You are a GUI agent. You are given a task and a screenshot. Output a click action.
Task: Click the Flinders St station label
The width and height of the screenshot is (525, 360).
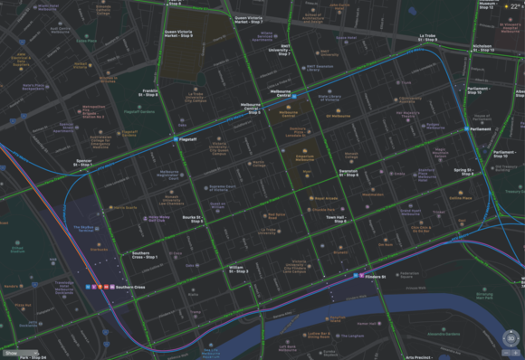point(374,277)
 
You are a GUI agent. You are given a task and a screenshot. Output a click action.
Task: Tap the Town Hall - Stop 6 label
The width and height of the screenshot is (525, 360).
point(336,220)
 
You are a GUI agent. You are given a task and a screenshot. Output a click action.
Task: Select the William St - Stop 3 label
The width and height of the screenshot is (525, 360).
point(237,269)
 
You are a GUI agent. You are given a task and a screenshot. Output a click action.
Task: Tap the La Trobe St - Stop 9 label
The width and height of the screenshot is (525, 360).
point(428,39)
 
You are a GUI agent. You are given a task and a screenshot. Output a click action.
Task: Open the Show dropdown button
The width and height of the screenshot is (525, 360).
point(18,353)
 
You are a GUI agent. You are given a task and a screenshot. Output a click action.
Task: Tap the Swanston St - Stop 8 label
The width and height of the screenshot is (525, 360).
point(348,172)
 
